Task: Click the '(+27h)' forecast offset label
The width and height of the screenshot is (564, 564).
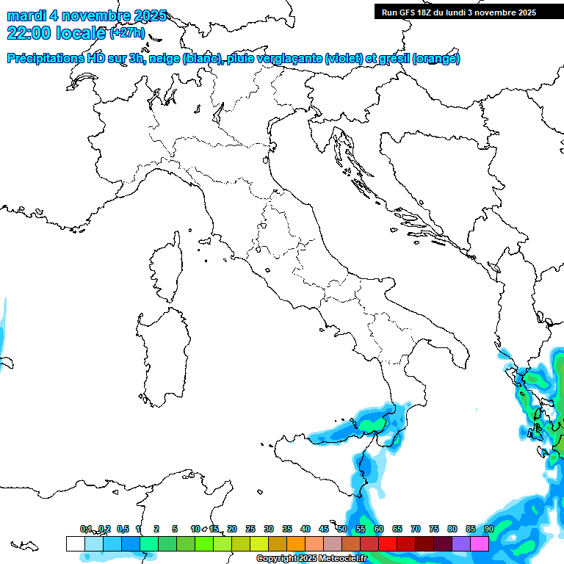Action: [128, 32]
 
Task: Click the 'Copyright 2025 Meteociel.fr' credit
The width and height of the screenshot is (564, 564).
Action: [311, 559]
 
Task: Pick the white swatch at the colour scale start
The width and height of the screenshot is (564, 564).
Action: [75, 543]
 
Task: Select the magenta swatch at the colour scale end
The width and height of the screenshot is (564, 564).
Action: [480, 543]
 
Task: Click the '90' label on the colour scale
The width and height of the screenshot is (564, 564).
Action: [488, 529]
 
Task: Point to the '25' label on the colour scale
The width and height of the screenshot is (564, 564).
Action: [250, 529]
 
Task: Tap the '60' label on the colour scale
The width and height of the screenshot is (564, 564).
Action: [378, 529]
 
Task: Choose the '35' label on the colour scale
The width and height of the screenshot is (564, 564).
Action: [286, 529]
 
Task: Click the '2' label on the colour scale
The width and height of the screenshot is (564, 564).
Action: [156, 529]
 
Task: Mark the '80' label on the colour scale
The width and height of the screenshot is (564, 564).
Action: [452, 529]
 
